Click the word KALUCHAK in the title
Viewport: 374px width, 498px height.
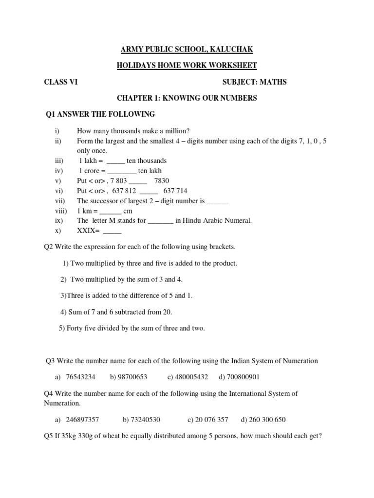click(x=230, y=50)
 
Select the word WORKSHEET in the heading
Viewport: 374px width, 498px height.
click(x=230, y=66)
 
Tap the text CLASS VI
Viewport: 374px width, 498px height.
click(x=61, y=82)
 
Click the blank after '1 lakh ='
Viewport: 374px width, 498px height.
click(x=115, y=161)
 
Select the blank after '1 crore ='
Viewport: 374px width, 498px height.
click(x=122, y=171)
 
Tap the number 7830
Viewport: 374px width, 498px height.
click(x=162, y=181)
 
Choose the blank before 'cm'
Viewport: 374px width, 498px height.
click(x=111, y=212)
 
